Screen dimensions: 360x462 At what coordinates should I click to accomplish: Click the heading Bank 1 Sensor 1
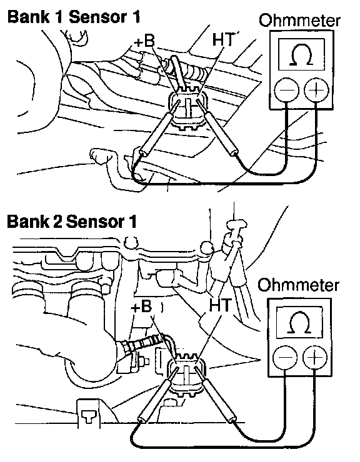pyautogui.click(x=74, y=17)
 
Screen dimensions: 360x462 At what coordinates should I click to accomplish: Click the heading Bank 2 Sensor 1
pyautogui.click(x=72, y=221)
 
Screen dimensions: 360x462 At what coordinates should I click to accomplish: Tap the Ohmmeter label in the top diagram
pyautogui.click(x=299, y=21)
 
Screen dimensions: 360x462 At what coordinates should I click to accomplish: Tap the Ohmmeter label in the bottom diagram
pyautogui.click(x=298, y=285)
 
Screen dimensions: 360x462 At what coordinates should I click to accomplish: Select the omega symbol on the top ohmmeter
pyautogui.click(x=301, y=55)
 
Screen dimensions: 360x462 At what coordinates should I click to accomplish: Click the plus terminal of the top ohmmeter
pyautogui.click(x=316, y=89)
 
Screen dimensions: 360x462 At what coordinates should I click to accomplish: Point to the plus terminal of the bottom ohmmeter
pyautogui.click(x=315, y=357)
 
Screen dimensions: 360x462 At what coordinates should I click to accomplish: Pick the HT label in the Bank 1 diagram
pyautogui.click(x=222, y=39)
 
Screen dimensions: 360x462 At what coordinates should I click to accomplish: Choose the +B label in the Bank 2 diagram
pyautogui.click(x=141, y=307)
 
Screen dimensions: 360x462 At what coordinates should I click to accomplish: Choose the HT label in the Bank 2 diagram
pyautogui.click(x=220, y=305)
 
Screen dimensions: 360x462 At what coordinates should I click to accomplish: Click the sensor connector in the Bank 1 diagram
pyautogui.click(x=187, y=108)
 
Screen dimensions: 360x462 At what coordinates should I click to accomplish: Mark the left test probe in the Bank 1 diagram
pyautogui.click(x=159, y=127)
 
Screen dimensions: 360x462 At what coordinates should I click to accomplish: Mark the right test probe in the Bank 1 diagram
pyautogui.click(x=217, y=127)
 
